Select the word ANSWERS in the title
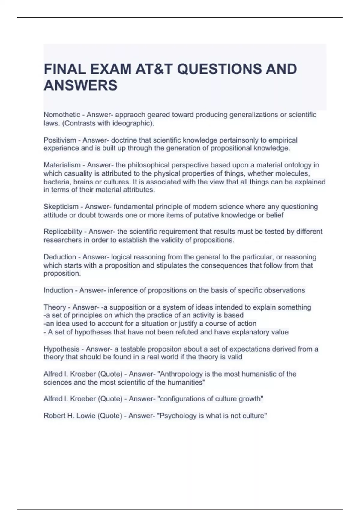click(x=80, y=85)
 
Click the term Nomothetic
click(x=62, y=115)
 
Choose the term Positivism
click(x=60, y=140)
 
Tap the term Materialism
click(x=62, y=165)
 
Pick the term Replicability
click(x=63, y=232)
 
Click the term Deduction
click(x=60, y=257)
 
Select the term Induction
click(x=58, y=290)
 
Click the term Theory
click(x=55, y=307)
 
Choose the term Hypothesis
click(x=61, y=349)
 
